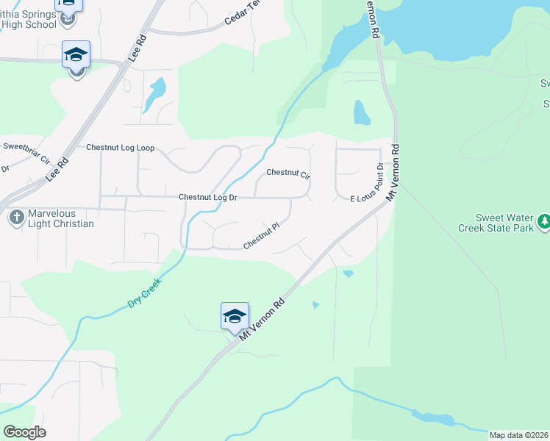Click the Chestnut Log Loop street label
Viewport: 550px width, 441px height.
pos(120,148)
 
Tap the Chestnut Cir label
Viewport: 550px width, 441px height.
pos(288,173)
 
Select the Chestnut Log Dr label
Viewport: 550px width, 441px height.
pos(208,198)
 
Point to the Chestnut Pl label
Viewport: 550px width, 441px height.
pos(262,237)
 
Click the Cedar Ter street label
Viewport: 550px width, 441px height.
pos(243,14)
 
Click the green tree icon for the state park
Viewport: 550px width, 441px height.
pos(543,220)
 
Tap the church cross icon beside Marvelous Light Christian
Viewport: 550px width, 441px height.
pos(16,218)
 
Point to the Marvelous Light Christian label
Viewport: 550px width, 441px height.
pos(61,218)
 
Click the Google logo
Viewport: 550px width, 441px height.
pos(24,432)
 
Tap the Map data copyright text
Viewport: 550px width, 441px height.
pos(519,435)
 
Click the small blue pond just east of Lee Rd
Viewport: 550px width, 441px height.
pos(154,94)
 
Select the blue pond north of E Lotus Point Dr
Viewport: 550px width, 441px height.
pos(361,112)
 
